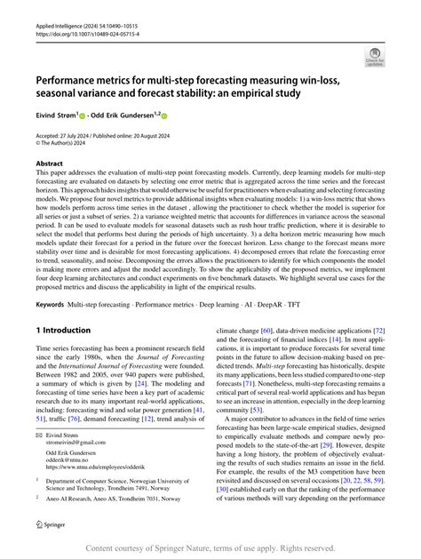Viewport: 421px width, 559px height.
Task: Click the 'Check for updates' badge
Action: (377, 60)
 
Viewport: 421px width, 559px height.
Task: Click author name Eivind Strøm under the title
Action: (55, 116)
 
